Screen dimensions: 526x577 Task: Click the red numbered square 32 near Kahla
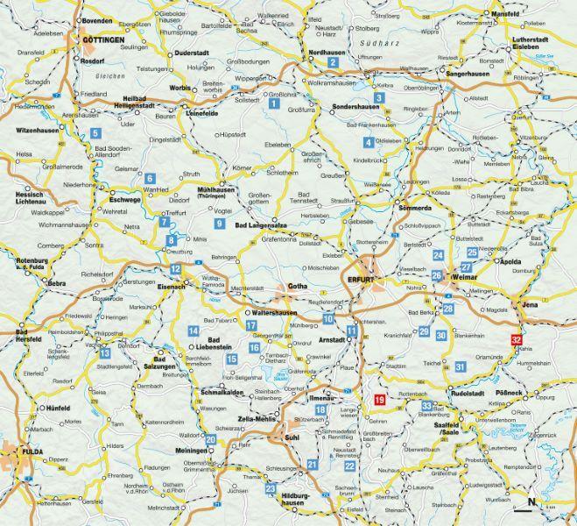click(517, 341)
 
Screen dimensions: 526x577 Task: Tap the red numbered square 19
click(379, 401)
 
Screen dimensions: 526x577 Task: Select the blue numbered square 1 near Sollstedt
click(274, 103)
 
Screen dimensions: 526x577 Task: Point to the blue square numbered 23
click(271, 488)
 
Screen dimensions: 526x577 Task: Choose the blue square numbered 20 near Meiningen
click(210, 440)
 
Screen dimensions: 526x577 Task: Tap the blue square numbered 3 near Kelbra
click(378, 98)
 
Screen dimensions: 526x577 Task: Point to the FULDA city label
click(22, 454)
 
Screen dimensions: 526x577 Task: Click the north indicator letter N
click(531, 502)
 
